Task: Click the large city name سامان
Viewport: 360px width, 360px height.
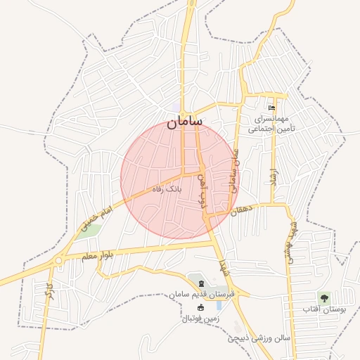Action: [184, 123]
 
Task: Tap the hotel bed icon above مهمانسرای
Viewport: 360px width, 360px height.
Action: [272, 108]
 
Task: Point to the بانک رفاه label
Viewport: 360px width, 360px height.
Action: [169, 189]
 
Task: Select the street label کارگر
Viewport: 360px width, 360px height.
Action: [49, 292]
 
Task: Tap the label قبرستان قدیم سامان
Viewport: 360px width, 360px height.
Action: [198, 294]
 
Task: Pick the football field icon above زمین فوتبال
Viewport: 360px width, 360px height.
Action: [200, 308]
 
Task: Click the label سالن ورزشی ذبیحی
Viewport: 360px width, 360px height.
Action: [258, 338]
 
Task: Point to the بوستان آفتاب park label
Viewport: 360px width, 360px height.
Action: [321, 310]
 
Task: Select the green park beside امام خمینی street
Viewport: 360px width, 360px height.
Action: [92, 229]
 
